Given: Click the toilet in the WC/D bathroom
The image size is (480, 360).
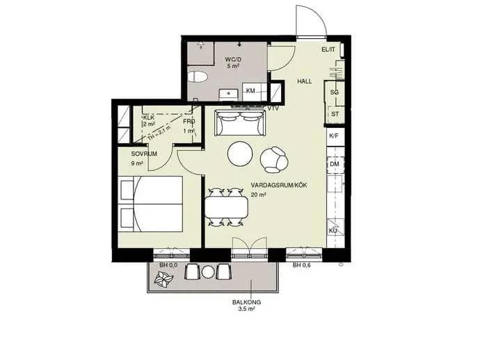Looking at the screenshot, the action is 197,77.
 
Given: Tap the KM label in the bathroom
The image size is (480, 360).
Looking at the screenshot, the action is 250,91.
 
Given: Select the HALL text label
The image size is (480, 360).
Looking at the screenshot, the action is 305,81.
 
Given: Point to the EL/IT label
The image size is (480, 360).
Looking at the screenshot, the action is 328,49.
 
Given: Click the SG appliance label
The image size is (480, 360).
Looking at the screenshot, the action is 335,92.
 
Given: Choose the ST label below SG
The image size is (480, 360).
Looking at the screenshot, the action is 335,114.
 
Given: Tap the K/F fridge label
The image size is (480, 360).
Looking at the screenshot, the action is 334,136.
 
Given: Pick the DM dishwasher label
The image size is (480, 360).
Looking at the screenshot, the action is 335,164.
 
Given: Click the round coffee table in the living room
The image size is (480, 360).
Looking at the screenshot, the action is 240,154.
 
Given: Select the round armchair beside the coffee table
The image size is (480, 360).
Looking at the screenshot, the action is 273,159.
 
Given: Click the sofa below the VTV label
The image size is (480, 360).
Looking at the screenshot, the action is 240,123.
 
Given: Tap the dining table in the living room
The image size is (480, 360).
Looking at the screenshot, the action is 227,207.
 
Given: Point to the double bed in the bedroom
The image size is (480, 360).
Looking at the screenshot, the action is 151,204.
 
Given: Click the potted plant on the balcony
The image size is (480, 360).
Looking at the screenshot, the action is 163,279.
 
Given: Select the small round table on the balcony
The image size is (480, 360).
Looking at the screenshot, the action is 208,272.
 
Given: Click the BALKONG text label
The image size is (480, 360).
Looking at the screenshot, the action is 246,302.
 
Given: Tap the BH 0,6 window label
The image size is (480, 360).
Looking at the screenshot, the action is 301,265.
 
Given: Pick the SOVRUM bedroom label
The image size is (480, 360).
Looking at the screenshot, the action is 144,154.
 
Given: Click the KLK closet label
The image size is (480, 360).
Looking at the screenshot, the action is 149,117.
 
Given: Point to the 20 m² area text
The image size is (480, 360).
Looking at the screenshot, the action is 258,194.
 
